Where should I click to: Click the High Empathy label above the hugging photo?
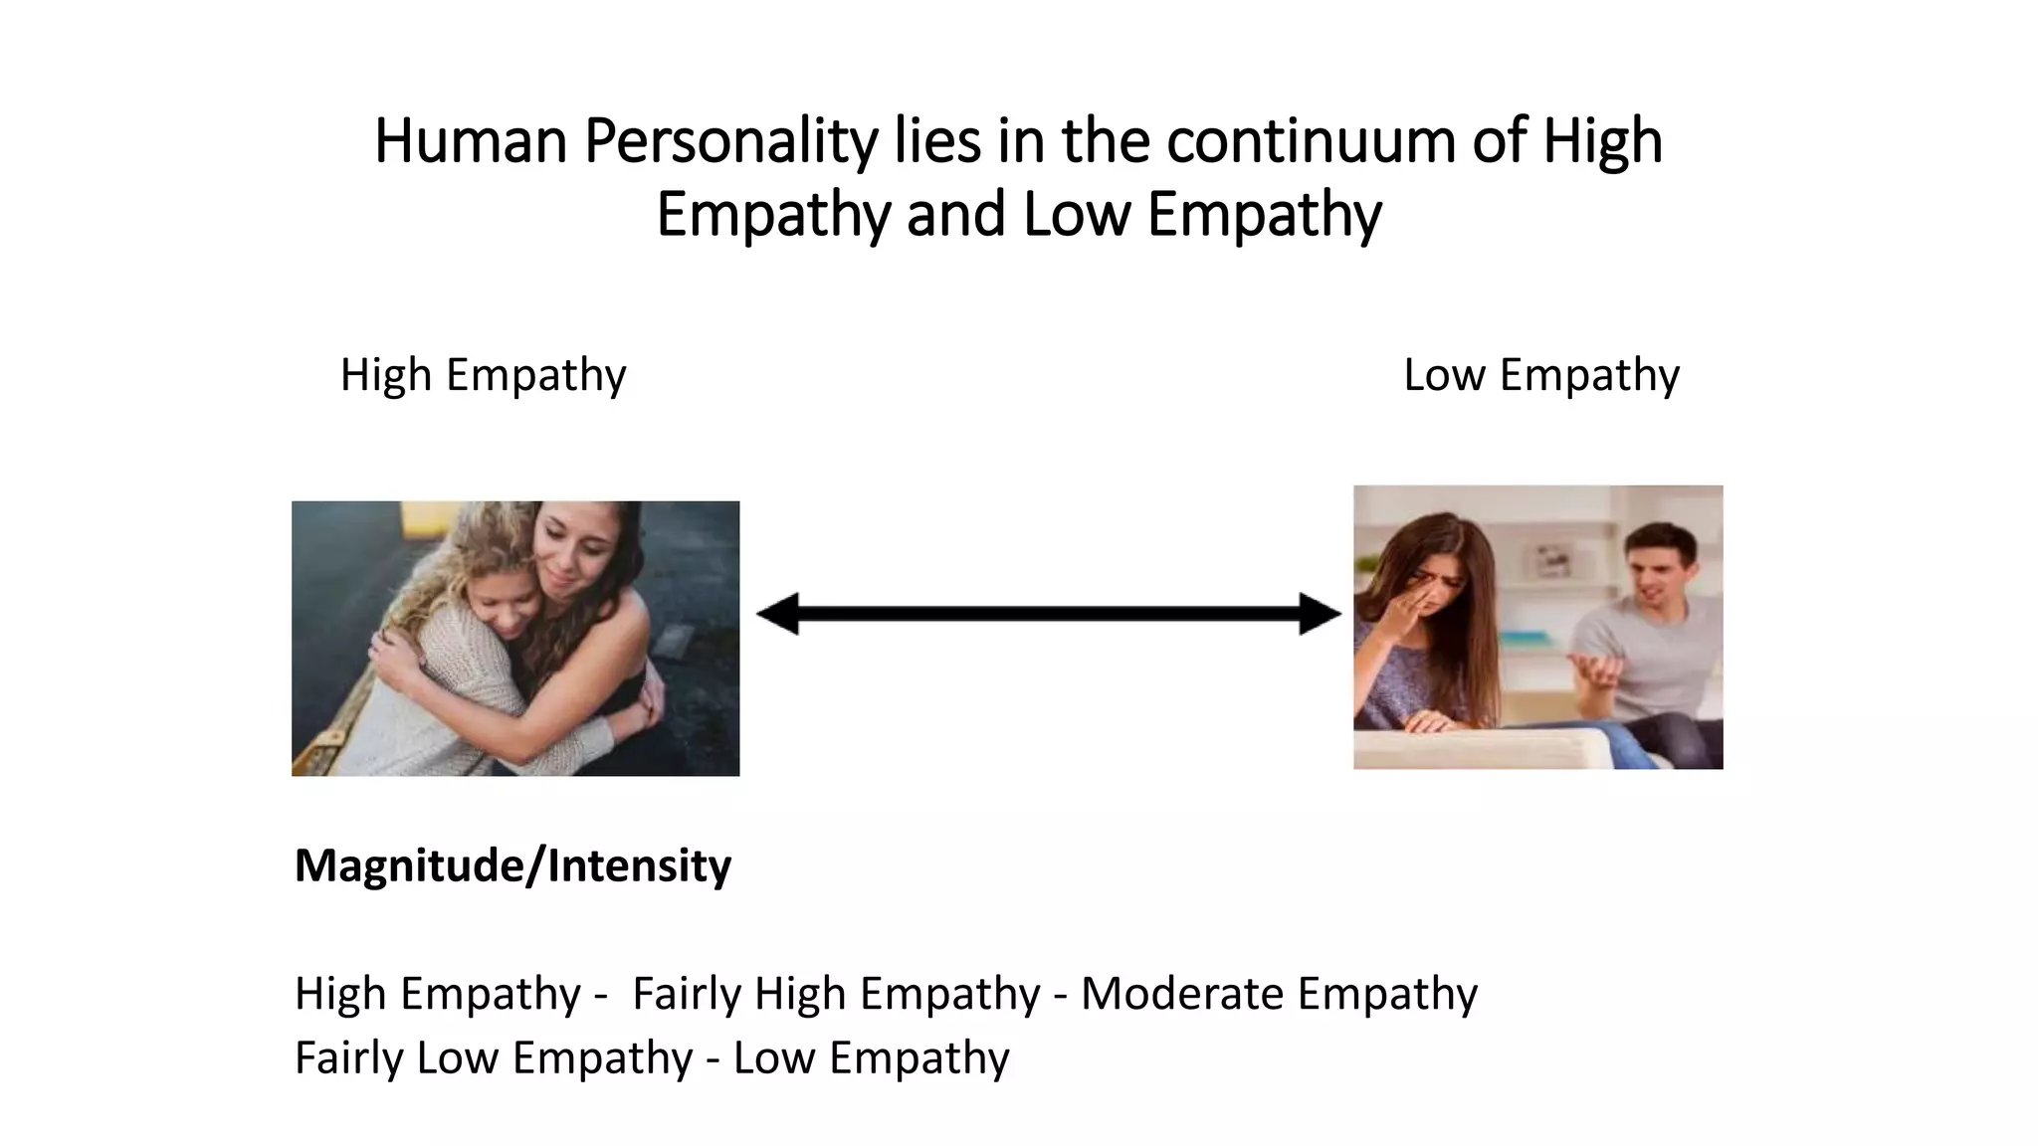[483, 376]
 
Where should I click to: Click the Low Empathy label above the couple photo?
[1540, 376]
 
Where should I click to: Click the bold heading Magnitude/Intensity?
[512, 865]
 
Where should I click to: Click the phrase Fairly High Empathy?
[836, 994]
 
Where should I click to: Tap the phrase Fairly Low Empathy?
[493, 1057]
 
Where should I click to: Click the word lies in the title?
[936, 142]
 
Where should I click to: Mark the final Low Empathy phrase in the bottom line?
[871, 1057]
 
